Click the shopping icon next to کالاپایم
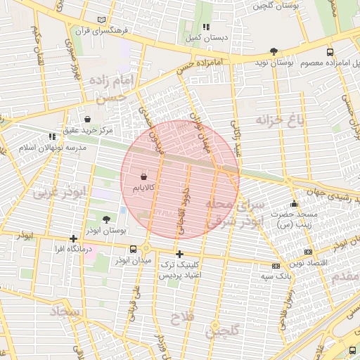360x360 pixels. (x=144, y=176)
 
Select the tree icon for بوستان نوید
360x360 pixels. (x=274, y=51)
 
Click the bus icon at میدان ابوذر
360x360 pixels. (x=134, y=249)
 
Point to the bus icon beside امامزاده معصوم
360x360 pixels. (x=330, y=52)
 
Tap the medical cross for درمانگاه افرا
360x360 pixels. (x=74, y=238)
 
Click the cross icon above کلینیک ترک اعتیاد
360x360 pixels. (x=180, y=254)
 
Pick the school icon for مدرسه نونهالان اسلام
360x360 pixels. (x=52, y=136)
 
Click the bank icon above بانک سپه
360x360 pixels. (x=275, y=266)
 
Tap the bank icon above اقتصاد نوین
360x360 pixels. (x=308, y=252)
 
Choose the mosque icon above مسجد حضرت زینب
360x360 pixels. (x=293, y=203)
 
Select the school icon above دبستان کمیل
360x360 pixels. (x=206, y=26)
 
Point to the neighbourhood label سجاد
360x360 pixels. (x=67, y=311)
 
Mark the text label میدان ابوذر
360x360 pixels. (x=134, y=262)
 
